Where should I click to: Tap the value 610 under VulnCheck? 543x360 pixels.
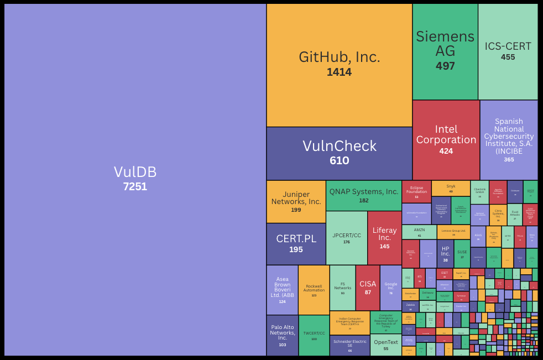339,161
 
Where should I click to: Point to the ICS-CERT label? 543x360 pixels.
508,46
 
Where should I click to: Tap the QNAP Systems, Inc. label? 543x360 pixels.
364,192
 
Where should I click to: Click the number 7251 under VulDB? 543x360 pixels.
135,186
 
